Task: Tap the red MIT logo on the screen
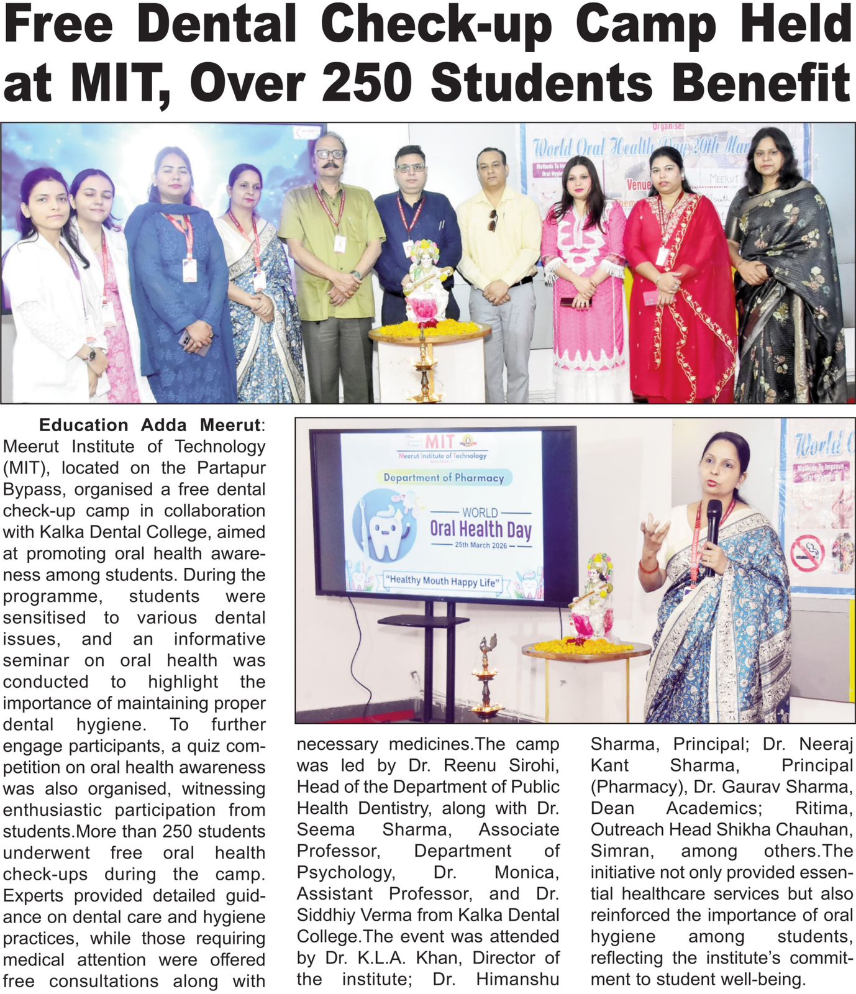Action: pyautogui.click(x=439, y=442)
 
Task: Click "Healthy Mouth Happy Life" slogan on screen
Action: pyautogui.click(x=442, y=581)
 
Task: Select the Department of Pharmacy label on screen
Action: pyautogui.click(x=443, y=477)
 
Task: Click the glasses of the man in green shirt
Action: pyautogui.click(x=329, y=153)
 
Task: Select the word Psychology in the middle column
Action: pyautogui.click(x=345, y=872)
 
